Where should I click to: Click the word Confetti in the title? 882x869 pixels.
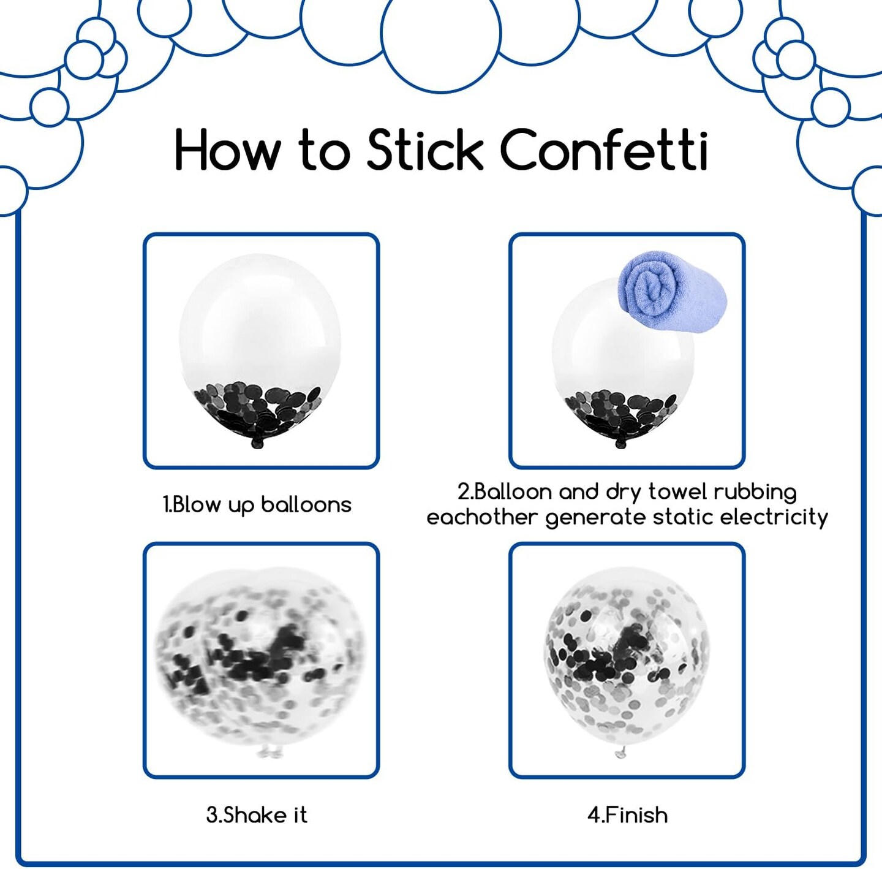(x=604, y=150)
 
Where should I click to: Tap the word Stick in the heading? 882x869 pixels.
(x=424, y=150)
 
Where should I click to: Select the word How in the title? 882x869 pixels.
(x=227, y=150)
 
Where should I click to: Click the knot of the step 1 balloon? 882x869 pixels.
(x=256, y=443)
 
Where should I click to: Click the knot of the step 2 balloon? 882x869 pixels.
(x=621, y=443)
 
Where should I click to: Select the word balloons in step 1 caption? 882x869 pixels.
(x=306, y=504)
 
